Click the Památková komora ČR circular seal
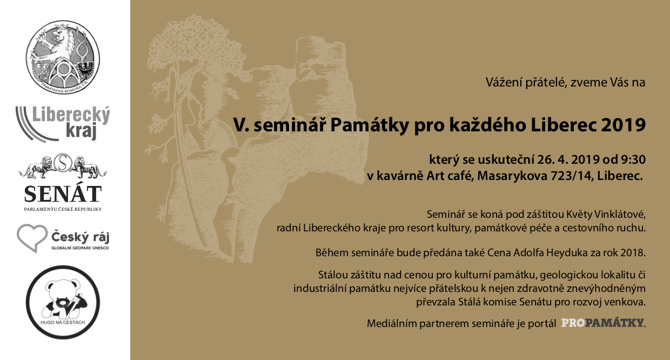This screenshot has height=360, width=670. tap(63, 57)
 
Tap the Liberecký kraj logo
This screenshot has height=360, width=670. tap(63, 123)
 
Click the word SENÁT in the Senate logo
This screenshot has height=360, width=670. tap(63, 194)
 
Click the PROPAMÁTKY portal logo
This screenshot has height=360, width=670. tap(602, 323)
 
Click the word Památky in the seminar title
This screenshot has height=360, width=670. tap(370, 125)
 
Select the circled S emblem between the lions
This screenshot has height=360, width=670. tap(62, 163)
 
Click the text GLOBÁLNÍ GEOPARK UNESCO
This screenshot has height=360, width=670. tap(80, 248)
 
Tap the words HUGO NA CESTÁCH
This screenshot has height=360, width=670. tap(63, 323)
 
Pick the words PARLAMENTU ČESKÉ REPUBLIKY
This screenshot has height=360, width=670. tap(63, 209)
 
